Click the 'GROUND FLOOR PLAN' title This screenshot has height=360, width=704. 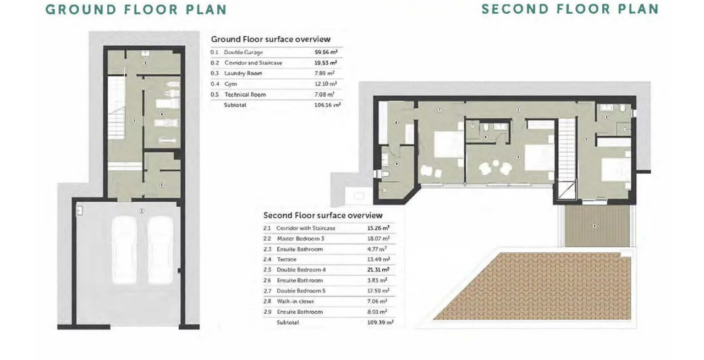pyautogui.click(x=136, y=10)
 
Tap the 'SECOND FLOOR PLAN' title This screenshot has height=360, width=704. pyautogui.click(x=570, y=9)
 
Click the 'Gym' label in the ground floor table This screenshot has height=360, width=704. pyautogui.click(x=230, y=84)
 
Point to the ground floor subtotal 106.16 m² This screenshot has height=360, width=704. pyautogui.click(x=327, y=105)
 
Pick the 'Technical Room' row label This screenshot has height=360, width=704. pyautogui.click(x=245, y=95)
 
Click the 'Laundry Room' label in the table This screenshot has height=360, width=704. pyautogui.click(x=243, y=74)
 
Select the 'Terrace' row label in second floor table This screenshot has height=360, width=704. pyautogui.click(x=287, y=259)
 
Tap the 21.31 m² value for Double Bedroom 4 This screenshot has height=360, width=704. pyautogui.click(x=378, y=270)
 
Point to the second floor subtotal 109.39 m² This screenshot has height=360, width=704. pyautogui.click(x=380, y=323)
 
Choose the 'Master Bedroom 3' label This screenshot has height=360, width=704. pyautogui.click(x=300, y=239)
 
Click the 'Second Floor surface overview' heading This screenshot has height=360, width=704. pyautogui.click(x=323, y=215)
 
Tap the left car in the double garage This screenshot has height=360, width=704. pyautogui.click(x=125, y=250)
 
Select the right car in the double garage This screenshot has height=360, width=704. pyautogui.click(x=161, y=250)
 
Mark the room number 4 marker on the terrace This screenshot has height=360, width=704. pyautogui.click(x=595, y=226)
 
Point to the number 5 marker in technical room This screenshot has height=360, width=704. pyautogui.click(x=162, y=185)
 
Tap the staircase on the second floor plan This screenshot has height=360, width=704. pyautogui.click(x=566, y=148)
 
